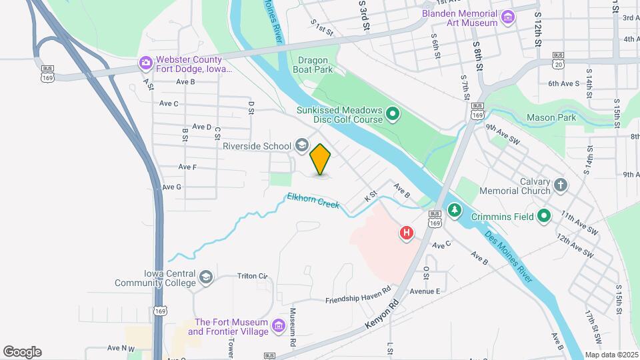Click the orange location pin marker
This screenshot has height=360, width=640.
click(x=321, y=159)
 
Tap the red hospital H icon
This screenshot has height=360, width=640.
click(x=406, y=233)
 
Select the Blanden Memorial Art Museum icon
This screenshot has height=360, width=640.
click(x=509, y=17)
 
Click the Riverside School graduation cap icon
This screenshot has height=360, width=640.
click(x=302, y=146)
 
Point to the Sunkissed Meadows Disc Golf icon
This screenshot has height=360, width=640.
click(x=393, y=115)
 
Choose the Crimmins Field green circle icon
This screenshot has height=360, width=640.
click(x=545, y=215)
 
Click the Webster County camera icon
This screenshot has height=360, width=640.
click(x=145, y=63)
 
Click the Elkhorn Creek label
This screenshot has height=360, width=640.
click(x=313, y=201)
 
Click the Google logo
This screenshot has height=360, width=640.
click(x=22, y=352)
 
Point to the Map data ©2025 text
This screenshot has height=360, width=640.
click(x=611, y=355)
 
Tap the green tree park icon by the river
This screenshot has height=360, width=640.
click(x=455, y=210)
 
